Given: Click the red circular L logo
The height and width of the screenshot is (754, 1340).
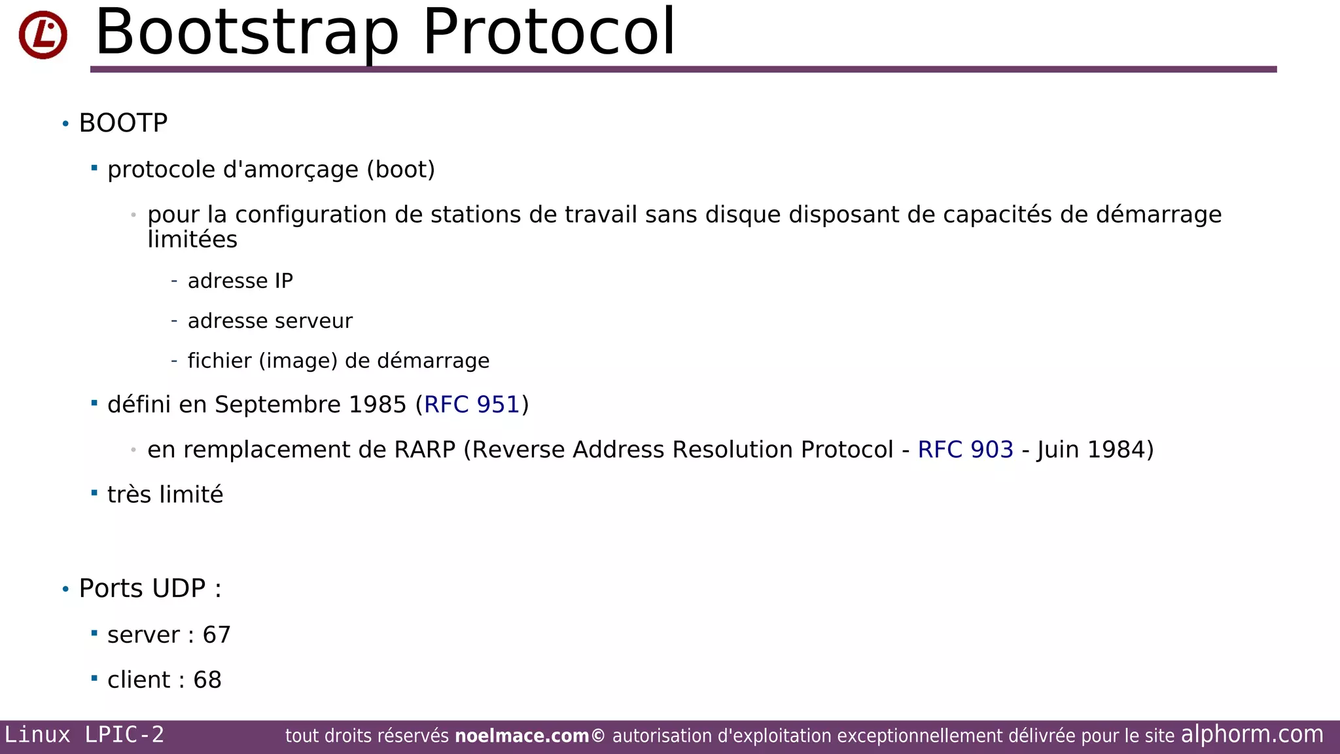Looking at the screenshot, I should coord(43,35).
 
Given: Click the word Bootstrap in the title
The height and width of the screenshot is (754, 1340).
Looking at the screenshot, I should coord(247,33).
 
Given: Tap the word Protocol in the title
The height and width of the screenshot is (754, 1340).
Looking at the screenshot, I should coord(548,33).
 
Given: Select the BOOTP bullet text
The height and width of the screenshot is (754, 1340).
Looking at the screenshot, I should coord(123,123).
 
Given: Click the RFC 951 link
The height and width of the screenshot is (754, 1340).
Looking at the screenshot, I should coord(472,404).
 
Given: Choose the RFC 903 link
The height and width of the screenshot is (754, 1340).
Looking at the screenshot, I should coord(965,450).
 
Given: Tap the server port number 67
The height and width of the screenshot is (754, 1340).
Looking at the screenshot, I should coord(217,635).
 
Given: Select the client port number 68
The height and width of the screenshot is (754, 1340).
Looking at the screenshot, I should coord(207,680).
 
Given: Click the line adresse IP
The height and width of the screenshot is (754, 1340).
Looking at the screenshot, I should coord(240,281).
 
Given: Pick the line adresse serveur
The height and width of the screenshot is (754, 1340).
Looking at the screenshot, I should coord(270,321).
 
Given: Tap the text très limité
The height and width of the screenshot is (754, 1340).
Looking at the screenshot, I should coord(165,495).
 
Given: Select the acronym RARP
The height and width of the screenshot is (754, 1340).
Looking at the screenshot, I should coord(425,450).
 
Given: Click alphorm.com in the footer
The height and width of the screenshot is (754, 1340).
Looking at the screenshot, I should coord(1252,734).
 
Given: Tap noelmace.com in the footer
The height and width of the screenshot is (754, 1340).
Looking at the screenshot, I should coord(521,736).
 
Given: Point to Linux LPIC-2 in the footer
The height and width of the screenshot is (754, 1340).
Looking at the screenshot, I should coord(84,735).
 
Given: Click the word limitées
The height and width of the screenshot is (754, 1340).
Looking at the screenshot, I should coord(192,240).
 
